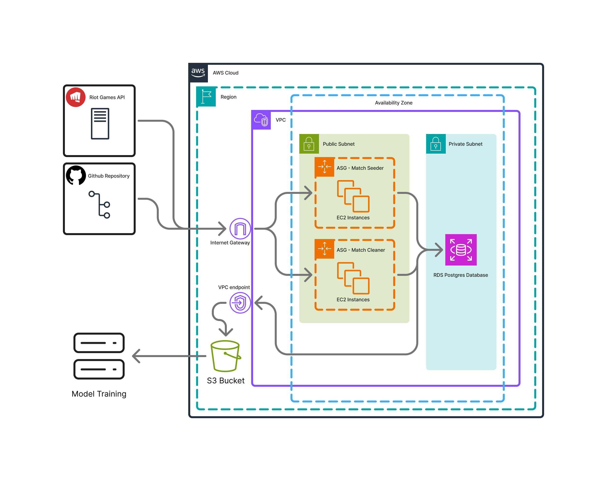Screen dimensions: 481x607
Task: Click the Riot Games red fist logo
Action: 75,97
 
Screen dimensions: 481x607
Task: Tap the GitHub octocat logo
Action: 76,175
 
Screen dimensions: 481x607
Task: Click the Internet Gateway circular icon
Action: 240,228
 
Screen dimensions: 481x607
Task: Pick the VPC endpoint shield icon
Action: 240,303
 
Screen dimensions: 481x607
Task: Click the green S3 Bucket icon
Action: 225,356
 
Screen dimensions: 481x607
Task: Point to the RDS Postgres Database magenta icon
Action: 461,250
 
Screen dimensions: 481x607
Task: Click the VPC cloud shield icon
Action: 261,120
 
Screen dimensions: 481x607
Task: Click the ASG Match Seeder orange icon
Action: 324,167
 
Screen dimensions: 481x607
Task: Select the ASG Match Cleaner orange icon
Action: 324,249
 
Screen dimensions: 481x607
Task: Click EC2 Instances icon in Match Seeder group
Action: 353,196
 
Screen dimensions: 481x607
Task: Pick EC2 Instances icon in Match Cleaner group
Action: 353,278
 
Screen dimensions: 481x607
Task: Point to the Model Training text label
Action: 99,394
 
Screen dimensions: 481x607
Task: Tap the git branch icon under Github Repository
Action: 99,205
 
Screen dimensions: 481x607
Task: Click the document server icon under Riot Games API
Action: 100,123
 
